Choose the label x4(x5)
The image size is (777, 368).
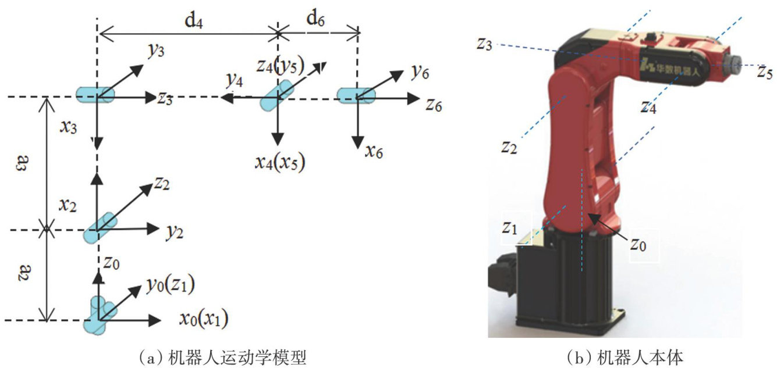pyautogui.click(x=280, y=161)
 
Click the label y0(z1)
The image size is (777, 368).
pyautogui.click(x=170, y=285)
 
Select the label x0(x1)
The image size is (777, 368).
pyautogui.click(x=203, y=318)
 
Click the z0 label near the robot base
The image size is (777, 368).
pyautogui.click(x=638, y=244)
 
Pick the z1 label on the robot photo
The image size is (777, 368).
pyautogui.click(x=509, y=228)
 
